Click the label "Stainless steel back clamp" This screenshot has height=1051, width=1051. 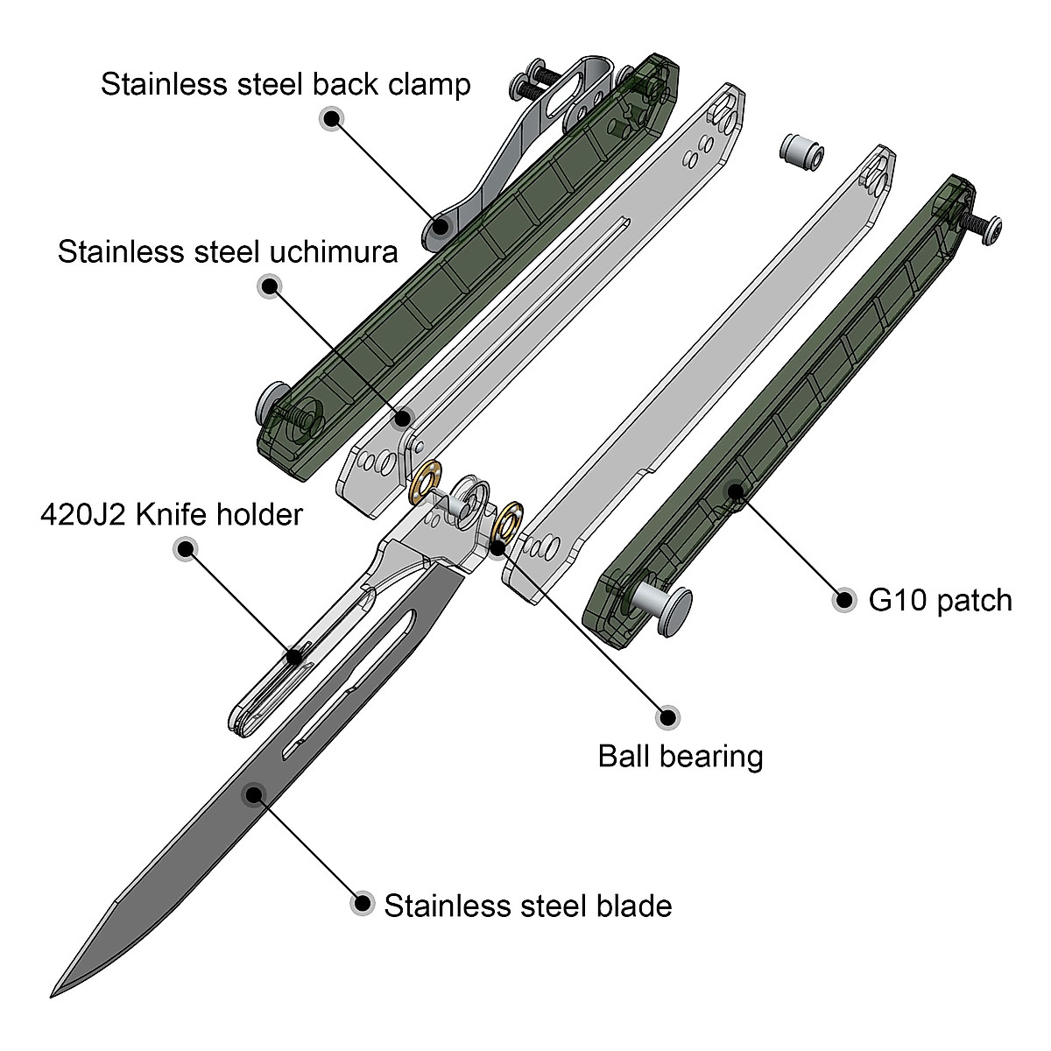click(x=286, y=85)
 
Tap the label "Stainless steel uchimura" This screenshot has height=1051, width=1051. click(x=228, y=251)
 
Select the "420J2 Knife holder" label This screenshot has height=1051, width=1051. click(x=172, y=514)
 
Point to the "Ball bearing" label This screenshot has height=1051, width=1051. click(x=681, y=755)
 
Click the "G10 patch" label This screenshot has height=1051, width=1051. click(x=940, y=601)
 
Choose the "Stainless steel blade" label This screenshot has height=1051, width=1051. click(x=527, y=905)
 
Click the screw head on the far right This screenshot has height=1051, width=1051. click(x=991, y=230)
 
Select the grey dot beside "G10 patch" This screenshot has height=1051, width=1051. click(x=845, y=601)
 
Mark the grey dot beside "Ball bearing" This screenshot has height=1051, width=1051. click(x=668, y=716)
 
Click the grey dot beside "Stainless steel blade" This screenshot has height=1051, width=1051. click(x=361, y=904)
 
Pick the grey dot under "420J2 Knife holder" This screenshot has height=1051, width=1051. click(x=185, y=550)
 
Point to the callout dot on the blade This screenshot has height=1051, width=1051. click(x=254, y=794)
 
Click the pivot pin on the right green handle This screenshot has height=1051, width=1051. click(x=667, y=606)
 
